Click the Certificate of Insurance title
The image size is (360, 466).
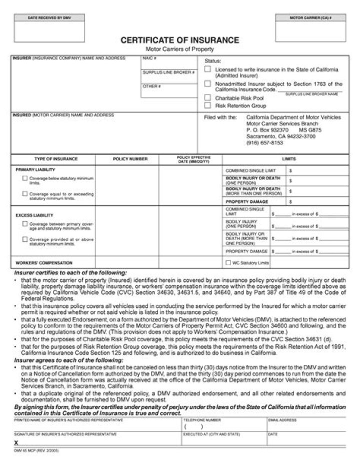(x=179, y=40)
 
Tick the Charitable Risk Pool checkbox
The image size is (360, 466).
(x=207, y=98)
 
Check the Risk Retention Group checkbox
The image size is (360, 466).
(x=207, y=106)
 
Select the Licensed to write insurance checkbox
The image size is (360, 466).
(x=207, y=70)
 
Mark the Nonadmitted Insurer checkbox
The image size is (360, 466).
(x=207, y=84)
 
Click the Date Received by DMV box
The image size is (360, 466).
(x=42, y=31)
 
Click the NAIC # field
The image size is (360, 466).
(x=169, y=63)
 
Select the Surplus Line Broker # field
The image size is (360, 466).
(x=169, y=77)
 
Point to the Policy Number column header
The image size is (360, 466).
(x=130, y=159)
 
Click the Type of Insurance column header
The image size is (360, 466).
(x=55, y=159)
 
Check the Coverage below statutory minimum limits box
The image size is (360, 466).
(x=24, y=178)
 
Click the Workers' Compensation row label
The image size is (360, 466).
(x=44, y=262)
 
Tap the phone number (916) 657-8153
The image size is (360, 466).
(x=264, y=142)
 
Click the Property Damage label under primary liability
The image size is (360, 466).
(x=243, y=201)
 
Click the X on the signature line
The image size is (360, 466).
(x=16, y=443)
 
